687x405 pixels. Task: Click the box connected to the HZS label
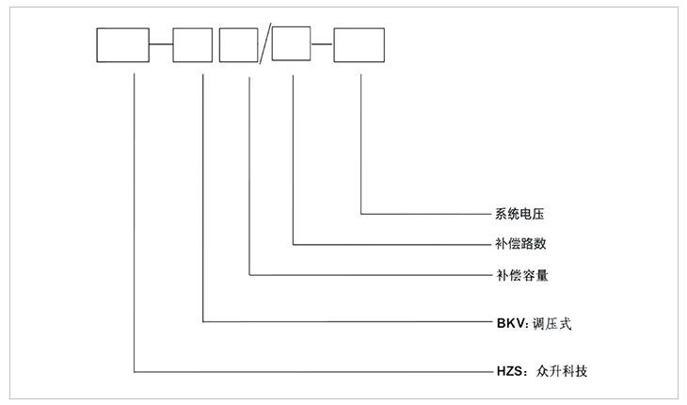[x=122, y=46]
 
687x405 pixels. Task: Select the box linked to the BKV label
[x=192, y=46]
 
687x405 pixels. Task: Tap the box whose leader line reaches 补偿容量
[x=238, y=46]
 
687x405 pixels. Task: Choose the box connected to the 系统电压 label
[x=359, y=46]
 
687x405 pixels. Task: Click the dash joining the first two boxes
[x=160, y=46]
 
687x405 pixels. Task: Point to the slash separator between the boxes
[x=264, y=46]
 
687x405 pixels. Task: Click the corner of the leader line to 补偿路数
[x=295, y=244]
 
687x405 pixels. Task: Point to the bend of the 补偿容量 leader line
[x=249, y=275]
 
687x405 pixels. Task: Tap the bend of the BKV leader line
[x=203, y=323]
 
